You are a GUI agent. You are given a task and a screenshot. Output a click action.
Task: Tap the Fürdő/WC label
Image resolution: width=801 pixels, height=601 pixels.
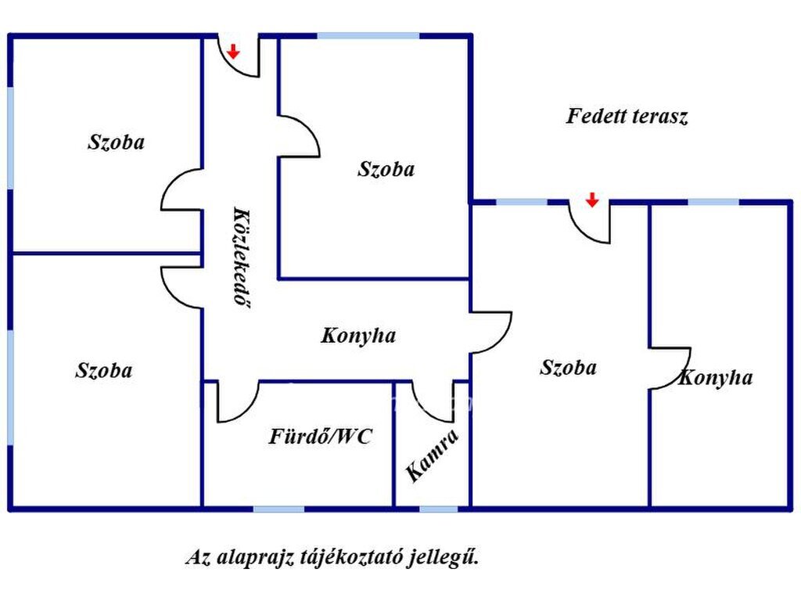coord(320,437)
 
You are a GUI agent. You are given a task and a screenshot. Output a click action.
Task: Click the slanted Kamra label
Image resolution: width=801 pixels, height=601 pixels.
coord(433,455)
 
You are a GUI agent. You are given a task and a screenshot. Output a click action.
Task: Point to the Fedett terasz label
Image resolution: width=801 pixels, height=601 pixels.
coord(627,116)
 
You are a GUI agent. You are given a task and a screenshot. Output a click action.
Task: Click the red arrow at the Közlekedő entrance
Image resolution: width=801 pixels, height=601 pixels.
coord(233,51)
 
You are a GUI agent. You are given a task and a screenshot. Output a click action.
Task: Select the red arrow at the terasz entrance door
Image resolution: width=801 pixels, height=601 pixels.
coord(592,200)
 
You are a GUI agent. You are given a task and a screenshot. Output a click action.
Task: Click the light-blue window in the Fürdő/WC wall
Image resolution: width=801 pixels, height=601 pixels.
coord(279,509)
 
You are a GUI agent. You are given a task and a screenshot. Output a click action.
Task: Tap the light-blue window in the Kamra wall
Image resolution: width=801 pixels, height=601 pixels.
coord(438,509)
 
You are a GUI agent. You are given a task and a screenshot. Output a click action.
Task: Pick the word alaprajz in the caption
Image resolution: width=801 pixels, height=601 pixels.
coord(255,557)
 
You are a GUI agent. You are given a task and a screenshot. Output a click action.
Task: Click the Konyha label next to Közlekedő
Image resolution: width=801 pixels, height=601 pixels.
coord(358,336)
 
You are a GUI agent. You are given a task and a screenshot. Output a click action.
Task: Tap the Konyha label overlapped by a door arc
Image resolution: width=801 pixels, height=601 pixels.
coord(715,378)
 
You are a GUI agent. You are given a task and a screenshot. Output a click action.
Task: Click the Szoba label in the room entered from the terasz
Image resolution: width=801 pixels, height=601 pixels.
coord(568,368)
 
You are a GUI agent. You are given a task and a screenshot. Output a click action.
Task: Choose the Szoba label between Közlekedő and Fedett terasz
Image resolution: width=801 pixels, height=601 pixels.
coord(386,169)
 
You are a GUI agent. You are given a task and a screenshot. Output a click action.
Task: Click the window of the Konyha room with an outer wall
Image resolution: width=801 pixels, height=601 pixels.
coord(713,203)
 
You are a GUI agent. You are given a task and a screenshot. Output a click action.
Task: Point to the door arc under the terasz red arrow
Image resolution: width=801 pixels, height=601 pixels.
coord(581,232)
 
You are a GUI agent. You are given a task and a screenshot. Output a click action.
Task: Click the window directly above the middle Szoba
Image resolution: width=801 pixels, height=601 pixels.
coord(368,36)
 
